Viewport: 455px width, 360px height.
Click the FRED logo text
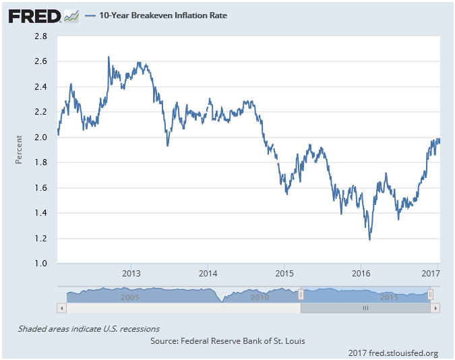click(34, 16)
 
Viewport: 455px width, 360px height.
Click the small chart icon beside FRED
click(71, 16)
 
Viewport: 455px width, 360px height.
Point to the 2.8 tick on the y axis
click(40, 36)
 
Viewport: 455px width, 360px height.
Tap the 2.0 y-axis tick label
click(40, 137)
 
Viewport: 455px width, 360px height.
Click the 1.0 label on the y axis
click(40, 264)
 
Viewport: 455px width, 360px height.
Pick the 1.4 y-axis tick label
click(40, 213)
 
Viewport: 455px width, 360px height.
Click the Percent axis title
click(19, 150)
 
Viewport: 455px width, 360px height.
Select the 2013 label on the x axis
click(131, 274)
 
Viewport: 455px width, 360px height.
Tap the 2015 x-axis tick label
click(284, 274)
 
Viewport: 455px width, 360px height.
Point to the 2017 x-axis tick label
click(431, 274)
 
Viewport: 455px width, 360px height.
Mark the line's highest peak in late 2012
click(109, 57)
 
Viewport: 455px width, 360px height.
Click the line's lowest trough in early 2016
click(369, 240)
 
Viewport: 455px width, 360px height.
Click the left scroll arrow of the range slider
click(61, 308)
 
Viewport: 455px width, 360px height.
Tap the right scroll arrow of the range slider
click(435, 308)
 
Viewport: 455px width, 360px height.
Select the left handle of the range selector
click(301, 295)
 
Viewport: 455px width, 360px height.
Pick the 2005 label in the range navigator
click(129, 297)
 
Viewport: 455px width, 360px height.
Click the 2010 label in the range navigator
click(260, 297)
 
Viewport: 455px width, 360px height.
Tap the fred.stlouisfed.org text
click(403, 353)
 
